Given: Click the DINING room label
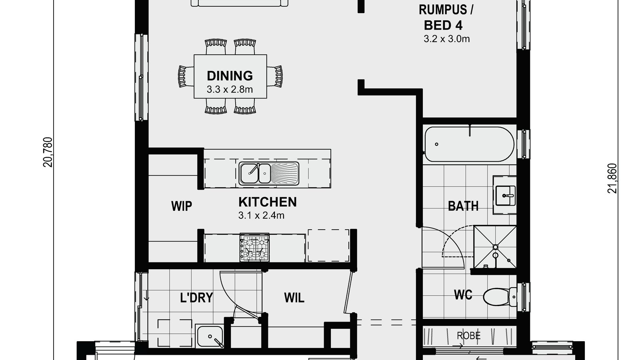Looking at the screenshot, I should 230,76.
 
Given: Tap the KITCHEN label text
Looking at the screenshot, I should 268,202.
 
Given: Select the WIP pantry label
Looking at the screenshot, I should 182,206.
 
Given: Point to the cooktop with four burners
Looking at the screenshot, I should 255,248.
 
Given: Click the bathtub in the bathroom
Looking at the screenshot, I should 469,144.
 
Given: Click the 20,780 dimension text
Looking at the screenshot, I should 48,152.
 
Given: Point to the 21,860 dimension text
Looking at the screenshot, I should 612,178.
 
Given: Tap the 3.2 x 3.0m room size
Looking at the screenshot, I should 446,39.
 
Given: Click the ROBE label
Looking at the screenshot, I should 469,336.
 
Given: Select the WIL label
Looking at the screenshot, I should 294,298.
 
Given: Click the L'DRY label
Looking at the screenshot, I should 196,298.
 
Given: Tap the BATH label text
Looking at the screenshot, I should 463,206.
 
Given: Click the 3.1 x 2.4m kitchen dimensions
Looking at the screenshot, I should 261,216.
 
